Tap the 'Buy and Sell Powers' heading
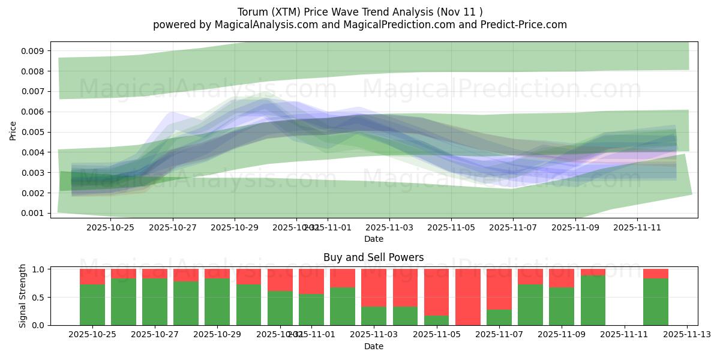point(373,257)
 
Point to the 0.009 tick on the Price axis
point(33,51)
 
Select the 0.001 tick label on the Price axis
point(33,213)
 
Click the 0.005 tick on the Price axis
point(33,132)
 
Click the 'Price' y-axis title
point(13,130)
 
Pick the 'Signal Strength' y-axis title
point(23,296)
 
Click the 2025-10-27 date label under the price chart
point(173,227)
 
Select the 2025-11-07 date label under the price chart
point(513,227)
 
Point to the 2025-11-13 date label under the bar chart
point(687,334)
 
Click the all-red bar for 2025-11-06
point(468,297)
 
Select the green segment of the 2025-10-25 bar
point(92,305)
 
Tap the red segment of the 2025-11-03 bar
point(374,287)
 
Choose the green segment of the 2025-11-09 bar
point(562,307)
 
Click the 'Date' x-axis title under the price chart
point(373,239)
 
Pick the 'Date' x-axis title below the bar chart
point(373,346)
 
